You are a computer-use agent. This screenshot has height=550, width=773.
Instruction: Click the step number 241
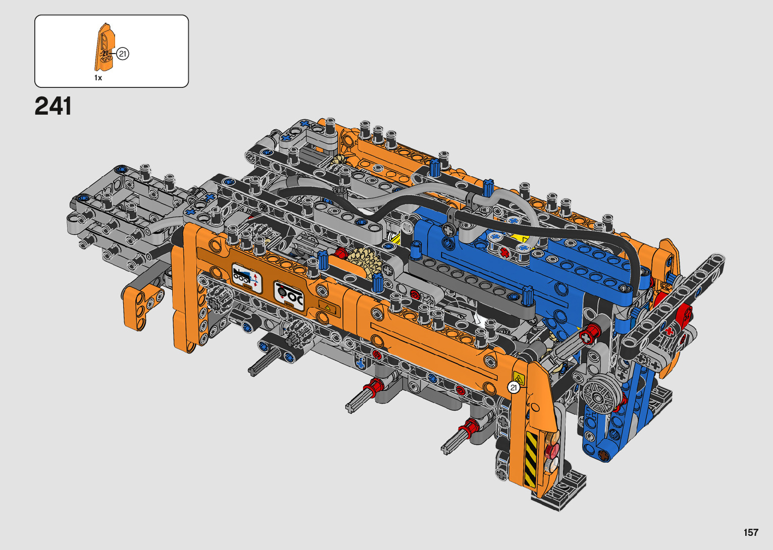(53, 106)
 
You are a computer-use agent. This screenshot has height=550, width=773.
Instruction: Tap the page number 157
(751, 532)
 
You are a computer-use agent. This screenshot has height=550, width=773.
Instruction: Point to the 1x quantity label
(98, 78)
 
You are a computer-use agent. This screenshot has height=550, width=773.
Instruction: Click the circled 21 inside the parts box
(123, 54)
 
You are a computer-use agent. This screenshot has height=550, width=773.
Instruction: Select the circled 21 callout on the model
(514, 388)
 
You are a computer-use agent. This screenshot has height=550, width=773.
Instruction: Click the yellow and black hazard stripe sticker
(531, 459)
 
